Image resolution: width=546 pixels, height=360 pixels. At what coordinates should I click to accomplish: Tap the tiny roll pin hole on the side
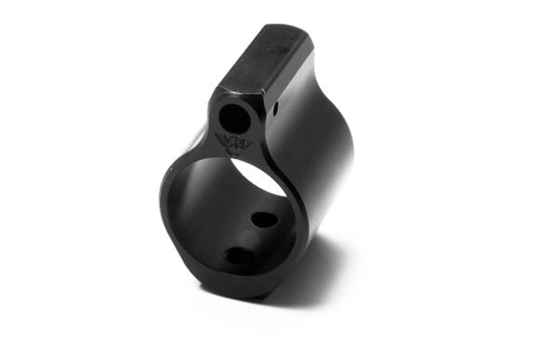point(277,108)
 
